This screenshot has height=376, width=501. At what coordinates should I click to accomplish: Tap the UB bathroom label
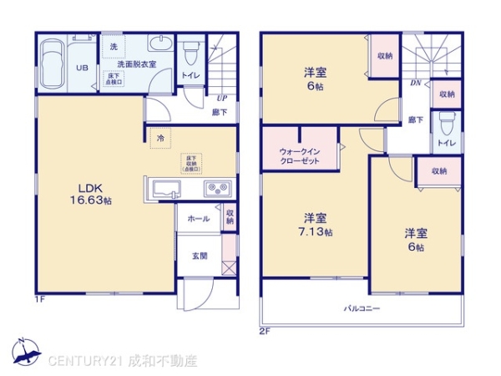[x=83, y=69]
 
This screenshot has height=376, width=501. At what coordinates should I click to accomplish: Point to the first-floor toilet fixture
[x=190, y=55]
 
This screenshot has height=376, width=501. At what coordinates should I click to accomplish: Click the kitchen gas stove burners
[x=218, y=187]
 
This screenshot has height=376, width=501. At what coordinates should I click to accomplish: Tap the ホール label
[x=198, y=218]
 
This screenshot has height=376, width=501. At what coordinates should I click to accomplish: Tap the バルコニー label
[x=362, y=309]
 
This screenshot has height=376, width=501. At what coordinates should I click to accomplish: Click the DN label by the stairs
[x=414, y=84]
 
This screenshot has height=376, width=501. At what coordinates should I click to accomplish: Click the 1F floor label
[x=39, y=298]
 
